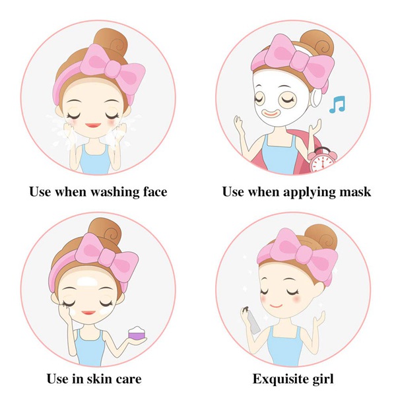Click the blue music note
pos(337,104)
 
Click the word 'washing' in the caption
pos(115,192)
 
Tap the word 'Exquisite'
pos(280,379)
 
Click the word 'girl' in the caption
pos(323,379)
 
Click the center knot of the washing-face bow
pos(113,69)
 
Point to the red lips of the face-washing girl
pos(93,125)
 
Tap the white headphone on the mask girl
pos(315,97)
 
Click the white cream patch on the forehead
pos(87,282)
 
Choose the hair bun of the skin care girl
pos(105,232)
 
